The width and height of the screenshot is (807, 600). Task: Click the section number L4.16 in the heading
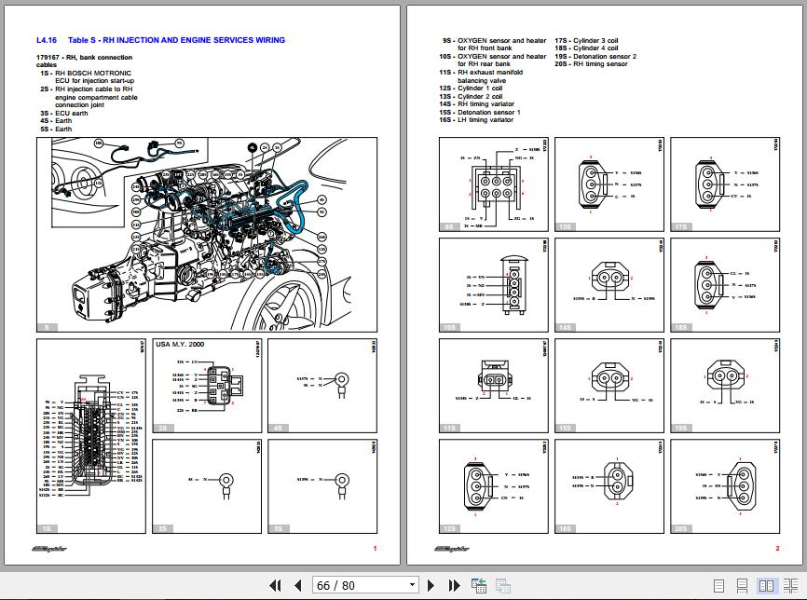(47, 40)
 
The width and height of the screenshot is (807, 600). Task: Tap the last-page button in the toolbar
(455, 585)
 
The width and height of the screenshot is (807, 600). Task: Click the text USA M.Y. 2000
(180, 344)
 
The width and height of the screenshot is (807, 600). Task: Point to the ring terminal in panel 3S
(226, 479)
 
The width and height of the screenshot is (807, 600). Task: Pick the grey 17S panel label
(682, 226)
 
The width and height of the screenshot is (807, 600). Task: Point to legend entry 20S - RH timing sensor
(591, 64)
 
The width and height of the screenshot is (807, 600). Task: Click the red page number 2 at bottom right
(777, 549)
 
